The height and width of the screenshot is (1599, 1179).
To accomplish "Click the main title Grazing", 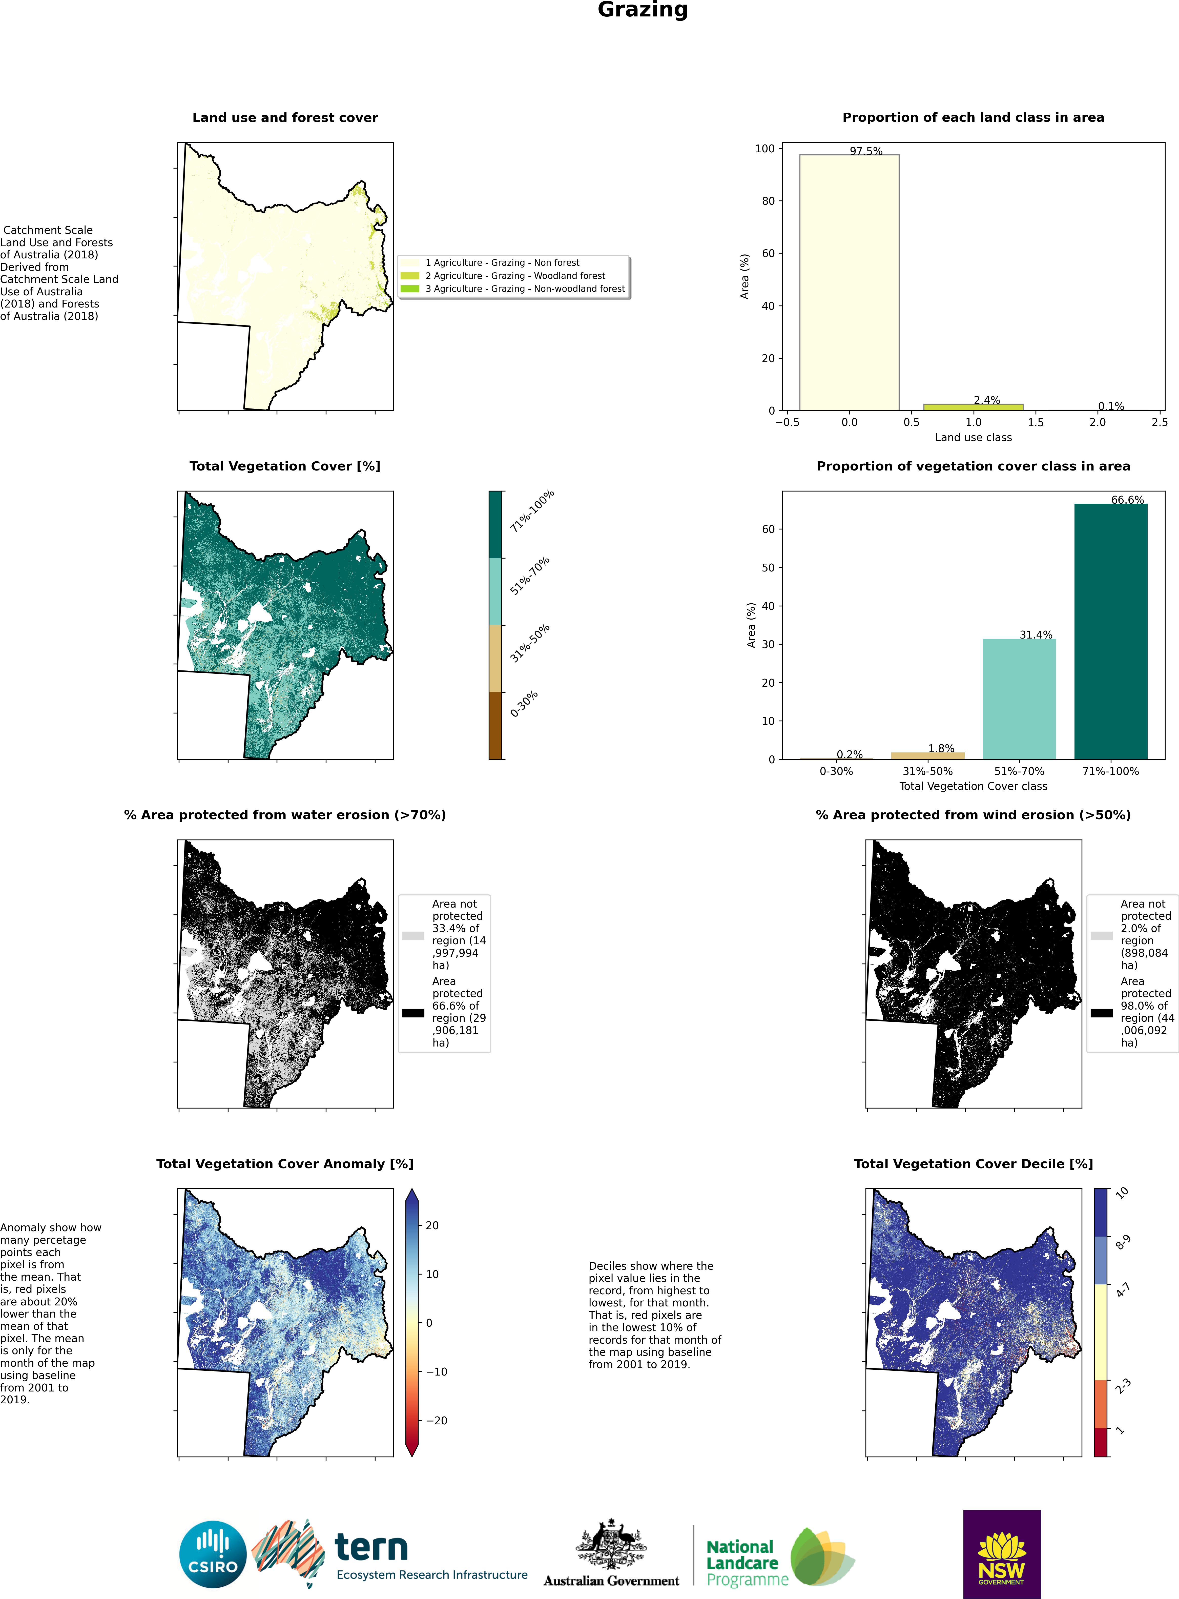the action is click(x=642, y=10).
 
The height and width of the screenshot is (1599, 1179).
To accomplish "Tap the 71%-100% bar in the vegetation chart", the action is click(x=1110, y=631).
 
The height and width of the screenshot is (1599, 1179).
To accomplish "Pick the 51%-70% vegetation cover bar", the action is click(x=1019, y=699).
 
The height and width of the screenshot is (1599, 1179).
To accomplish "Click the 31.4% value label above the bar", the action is click(x=1036, y=634).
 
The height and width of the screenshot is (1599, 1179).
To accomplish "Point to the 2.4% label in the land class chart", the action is click(x=986, y=400).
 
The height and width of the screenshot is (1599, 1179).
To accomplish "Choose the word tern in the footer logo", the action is click(x=371, y=1548).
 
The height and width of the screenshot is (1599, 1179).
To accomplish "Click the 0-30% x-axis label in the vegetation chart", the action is click(x=836, y=771).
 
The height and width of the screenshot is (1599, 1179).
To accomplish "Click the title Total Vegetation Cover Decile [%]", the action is click(x=974, y=1163).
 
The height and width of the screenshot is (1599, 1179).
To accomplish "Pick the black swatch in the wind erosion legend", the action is click(x=1101, y=1013).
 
